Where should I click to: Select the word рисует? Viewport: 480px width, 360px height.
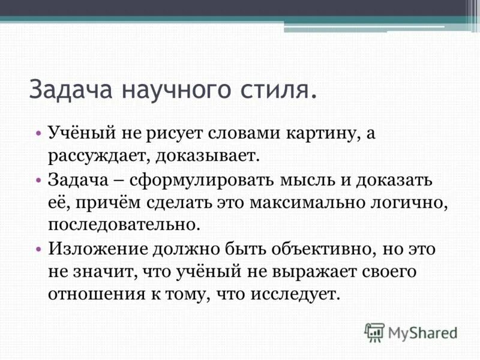[x=174, y=134]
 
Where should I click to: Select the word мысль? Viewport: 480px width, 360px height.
[x=311, y=179]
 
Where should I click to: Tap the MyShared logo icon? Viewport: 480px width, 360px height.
[x=374, y=332]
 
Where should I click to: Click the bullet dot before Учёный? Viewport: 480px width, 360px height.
[x=38, y=134]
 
